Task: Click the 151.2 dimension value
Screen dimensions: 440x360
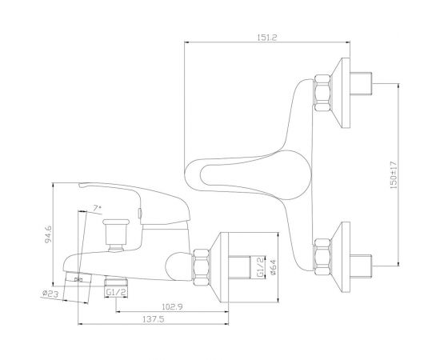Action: [x=267, y=38]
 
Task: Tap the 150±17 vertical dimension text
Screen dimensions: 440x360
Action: [x=394, y=174]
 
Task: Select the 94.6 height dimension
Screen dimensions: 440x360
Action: [x=48, y=234]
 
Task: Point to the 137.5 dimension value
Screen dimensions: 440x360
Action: [x=154, y=319]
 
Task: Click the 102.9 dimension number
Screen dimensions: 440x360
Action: [x=172, y=306]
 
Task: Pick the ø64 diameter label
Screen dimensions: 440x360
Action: [x=273, y=267]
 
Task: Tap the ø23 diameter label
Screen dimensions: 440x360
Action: [x=50, y=294]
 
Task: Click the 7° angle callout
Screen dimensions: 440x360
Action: [x=98, y=208]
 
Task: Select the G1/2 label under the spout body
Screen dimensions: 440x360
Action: [x=116, y=292]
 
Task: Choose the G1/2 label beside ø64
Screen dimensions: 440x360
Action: [x=261, y=267]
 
